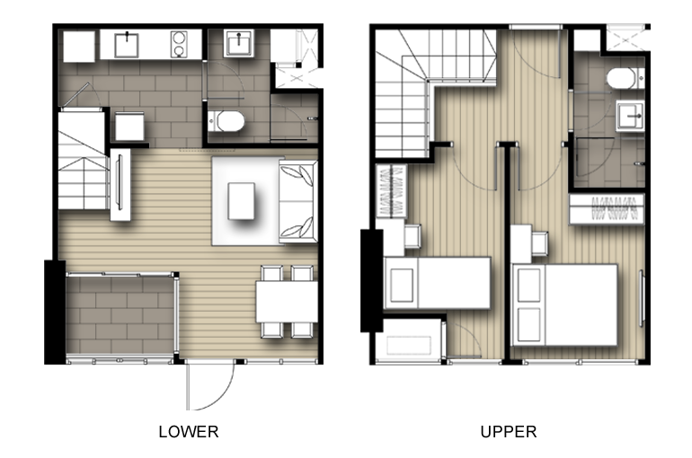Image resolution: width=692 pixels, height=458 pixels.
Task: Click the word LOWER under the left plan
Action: [189, 432]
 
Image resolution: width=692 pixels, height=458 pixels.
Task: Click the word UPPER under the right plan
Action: [509, 432]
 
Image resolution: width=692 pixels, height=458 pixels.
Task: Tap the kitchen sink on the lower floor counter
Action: [127, 45]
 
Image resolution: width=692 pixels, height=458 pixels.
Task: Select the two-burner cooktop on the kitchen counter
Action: [179, 44]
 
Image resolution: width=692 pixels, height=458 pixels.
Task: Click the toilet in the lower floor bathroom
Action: [226, 121]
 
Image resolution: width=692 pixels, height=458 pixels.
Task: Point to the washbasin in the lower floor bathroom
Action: [238, 43]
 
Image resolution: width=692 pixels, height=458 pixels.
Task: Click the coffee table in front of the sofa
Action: [241, 201]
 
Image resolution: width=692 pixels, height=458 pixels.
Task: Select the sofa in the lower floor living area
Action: [297, 201]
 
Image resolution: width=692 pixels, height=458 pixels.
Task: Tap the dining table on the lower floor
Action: [287, 302]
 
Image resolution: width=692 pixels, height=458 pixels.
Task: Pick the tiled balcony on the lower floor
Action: [120, 314]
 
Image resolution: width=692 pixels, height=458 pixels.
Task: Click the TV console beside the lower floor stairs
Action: [120, 185]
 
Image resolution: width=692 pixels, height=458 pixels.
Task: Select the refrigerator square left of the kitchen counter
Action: [79, 47]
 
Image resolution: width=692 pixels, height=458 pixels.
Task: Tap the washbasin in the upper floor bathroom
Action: [630, 116]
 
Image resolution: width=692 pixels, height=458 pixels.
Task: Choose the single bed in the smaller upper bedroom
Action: [438, 283]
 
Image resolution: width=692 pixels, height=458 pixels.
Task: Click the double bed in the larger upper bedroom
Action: [564, 305]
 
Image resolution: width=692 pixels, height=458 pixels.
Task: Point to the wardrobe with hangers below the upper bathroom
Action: [607, 209]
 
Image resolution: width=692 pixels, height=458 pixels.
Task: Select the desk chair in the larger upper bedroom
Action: [540, 243]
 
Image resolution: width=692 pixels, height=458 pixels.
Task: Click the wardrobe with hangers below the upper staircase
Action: [391, 191]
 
